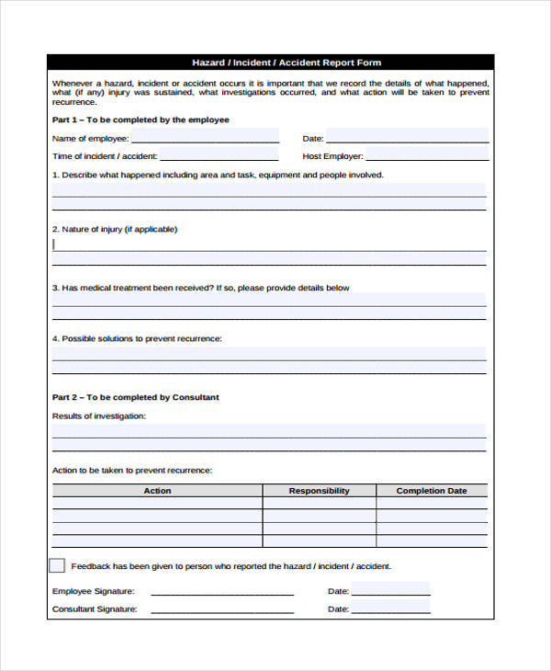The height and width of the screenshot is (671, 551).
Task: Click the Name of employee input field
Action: pos(205,137)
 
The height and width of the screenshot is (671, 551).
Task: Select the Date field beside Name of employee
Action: pos(409,137)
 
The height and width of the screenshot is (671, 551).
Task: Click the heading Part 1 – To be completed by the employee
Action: pos(141,119)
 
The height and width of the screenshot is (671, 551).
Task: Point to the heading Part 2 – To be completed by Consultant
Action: pos(135,397)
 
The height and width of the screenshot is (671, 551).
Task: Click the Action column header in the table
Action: pos(157,491)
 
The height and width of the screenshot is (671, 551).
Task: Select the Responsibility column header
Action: pos(319,491)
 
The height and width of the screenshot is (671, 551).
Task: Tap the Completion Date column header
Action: pos(432,491)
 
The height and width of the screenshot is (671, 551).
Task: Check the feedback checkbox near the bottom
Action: pos(57,565)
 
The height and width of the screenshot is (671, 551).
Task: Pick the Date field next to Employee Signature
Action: pos(390,590)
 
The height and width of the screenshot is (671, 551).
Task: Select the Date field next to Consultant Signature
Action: pos(390,608)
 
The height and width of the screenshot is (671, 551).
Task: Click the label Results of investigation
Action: pos(99,415)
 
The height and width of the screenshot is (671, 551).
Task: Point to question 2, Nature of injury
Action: pos(115,229)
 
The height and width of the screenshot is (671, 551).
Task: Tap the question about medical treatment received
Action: pos(200,288)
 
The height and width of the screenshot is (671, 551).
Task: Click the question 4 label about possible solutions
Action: pos(137,338)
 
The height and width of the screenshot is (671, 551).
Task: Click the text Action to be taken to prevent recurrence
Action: pos(132,470)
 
